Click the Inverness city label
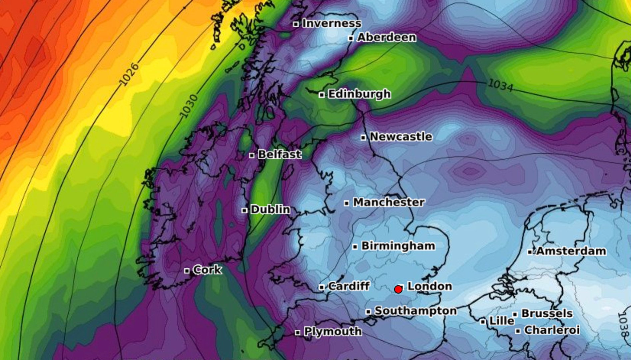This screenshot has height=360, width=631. point(331,23)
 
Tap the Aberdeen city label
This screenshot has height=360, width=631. point(386,37)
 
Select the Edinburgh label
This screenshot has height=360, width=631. point(359,94)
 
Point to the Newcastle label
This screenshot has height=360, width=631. point(401,137)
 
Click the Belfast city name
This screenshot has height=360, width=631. point(280,154)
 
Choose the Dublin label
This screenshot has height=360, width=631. point(270,209)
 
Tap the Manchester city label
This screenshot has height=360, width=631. point(388,202)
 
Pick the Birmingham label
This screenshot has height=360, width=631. point(398,246)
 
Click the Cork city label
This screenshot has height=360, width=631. point(207,269)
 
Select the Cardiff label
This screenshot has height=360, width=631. point(349,286)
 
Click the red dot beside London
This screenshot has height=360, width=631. point(398,289)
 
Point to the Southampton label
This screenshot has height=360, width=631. point(415,311)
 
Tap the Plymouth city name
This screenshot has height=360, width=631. point(333,331)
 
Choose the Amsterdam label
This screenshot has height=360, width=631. point(571,251)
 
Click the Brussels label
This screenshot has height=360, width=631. point(547,313)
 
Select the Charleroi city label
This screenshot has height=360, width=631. point(552,330)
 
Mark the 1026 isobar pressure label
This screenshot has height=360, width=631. point(129,74)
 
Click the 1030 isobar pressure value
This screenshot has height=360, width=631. point(189,106)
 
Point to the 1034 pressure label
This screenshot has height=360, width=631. point(500,85)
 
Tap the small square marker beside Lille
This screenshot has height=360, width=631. point(483,322)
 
